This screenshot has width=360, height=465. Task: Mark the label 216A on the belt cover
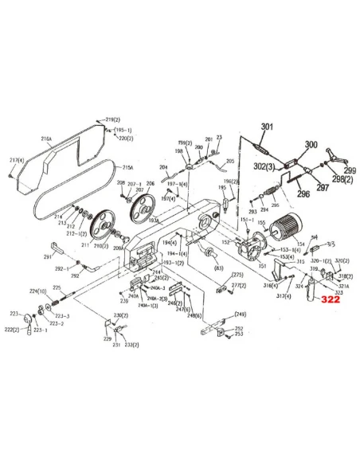(x=46, y=138)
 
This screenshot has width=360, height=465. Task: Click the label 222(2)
(x=10, y=329)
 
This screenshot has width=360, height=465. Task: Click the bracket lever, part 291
(x=56, y=246)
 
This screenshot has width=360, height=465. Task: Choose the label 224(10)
(x=37, y=291)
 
